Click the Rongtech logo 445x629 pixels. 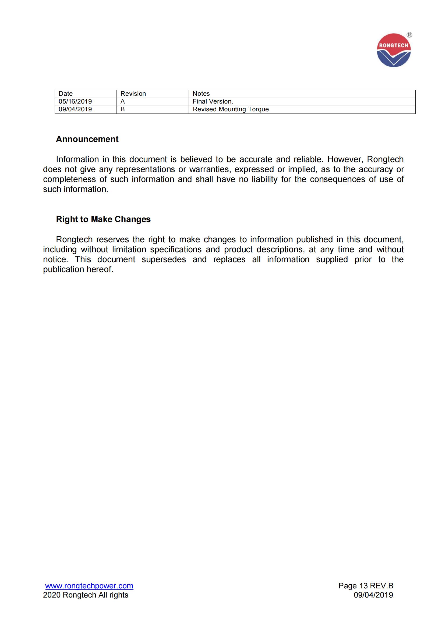pos(394,50)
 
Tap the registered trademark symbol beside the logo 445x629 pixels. pos(409,35)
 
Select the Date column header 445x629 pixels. pos(66,94)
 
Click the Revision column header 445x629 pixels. pos(133,94)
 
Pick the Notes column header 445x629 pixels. pos(201,94)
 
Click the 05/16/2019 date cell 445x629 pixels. pos(75,101)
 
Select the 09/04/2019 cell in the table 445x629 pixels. pos(75,109)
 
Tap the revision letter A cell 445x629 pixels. pos(123,101)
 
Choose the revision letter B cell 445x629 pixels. pos(123,109)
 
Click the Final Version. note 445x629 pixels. pos(213,101)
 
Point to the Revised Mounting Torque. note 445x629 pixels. pos(232,109)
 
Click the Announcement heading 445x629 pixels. pos(87,139)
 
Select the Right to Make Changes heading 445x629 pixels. pos(103,219)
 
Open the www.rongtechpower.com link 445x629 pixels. pos(89,586)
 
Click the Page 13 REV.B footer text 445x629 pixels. pos(366,586)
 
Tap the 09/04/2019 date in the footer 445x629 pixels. pos(373,595)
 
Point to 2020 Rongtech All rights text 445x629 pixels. pos(86,595)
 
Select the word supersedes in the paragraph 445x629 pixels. pos(164,260)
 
